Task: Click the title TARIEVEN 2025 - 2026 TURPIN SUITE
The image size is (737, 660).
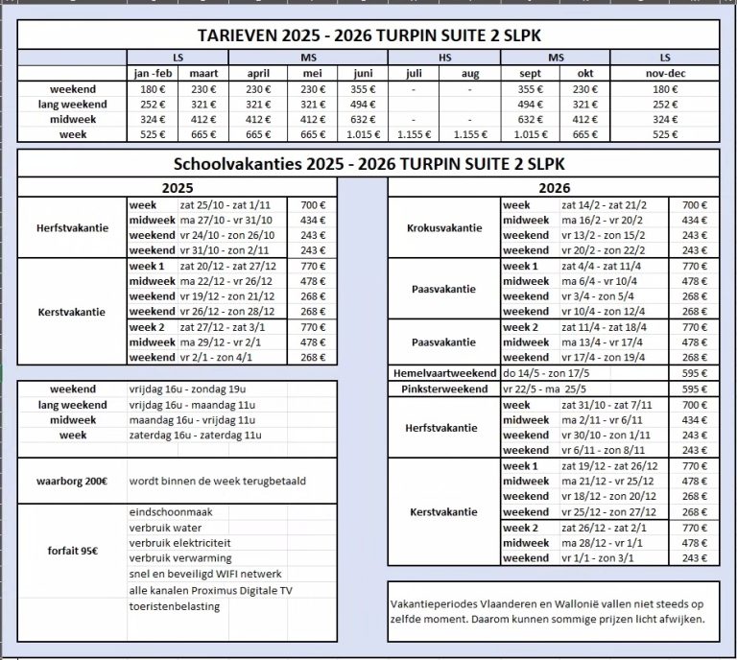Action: click(368, 35)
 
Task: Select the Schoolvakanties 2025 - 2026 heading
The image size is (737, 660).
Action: click(368, 163)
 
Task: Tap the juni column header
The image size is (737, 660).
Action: click(364, 73)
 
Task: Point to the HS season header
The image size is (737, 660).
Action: click(442, 59)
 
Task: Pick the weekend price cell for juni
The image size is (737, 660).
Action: click(364, 89)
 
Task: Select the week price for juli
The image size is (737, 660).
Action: click(416, 135)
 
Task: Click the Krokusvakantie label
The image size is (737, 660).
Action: click(443, 227)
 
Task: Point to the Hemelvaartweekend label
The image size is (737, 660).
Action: click(443, 372)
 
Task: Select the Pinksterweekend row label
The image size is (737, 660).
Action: click(443, 389)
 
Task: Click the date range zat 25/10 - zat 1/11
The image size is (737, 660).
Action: click(220, 205)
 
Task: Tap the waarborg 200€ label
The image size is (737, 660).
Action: click(72, 480)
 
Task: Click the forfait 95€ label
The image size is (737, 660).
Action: click(72, 552)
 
